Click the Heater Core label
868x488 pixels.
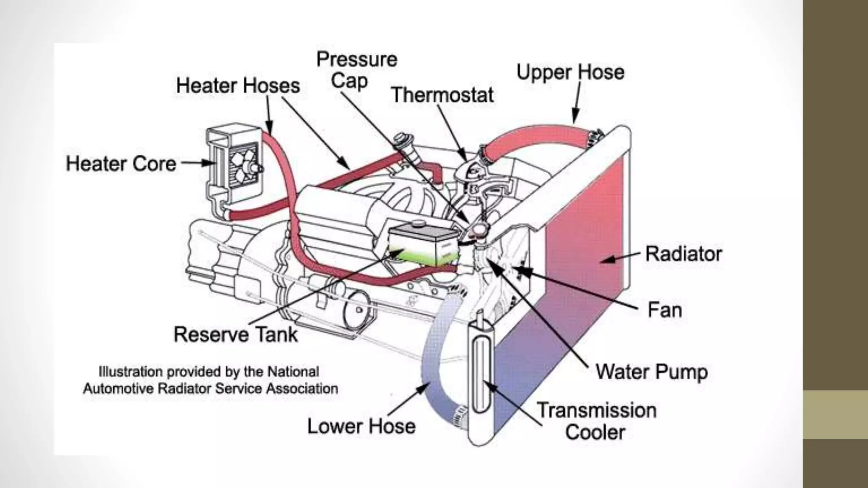coord(121,164)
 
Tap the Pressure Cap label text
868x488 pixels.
coord(356,70)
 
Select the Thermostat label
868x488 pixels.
coord(442,95)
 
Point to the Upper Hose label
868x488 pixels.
coord(570,72)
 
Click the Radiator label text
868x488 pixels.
coord(683,254)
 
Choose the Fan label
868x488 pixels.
coord(665,310)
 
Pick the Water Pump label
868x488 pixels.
coord(651,372)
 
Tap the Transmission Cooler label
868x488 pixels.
coord(596,421)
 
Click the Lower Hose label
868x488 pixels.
coord(361,426)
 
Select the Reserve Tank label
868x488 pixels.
coord(236,334)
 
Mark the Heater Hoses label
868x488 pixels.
coord(238,86)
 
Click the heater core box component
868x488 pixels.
coord(233,163)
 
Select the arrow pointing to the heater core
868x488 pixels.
coord(198,163)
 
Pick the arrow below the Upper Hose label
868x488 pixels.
coord(577,102)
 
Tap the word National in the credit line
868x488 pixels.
coord(293,372)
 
